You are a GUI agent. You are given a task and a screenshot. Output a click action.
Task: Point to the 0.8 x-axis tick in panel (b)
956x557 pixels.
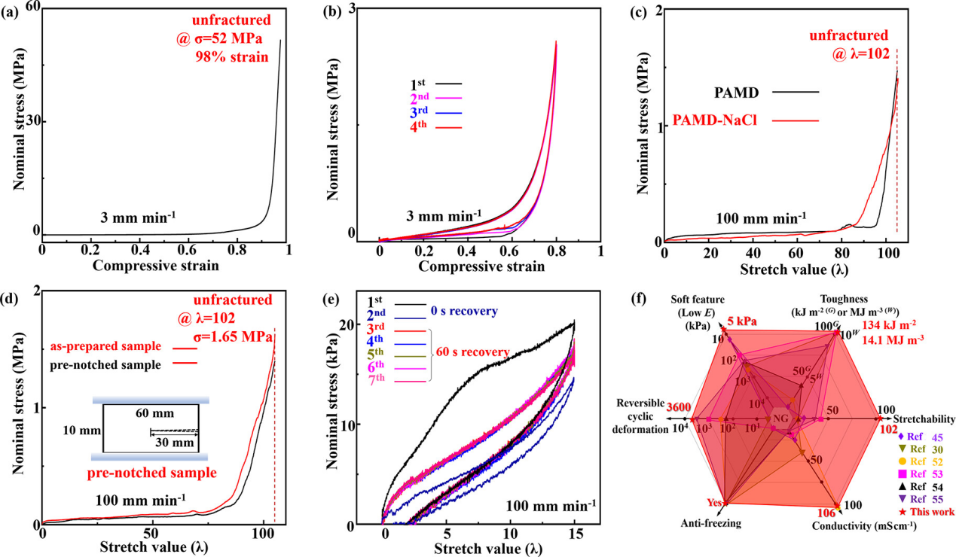click(x=556, y=249)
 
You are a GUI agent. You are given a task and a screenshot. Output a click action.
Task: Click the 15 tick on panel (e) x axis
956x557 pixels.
click(x=575, y=534)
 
